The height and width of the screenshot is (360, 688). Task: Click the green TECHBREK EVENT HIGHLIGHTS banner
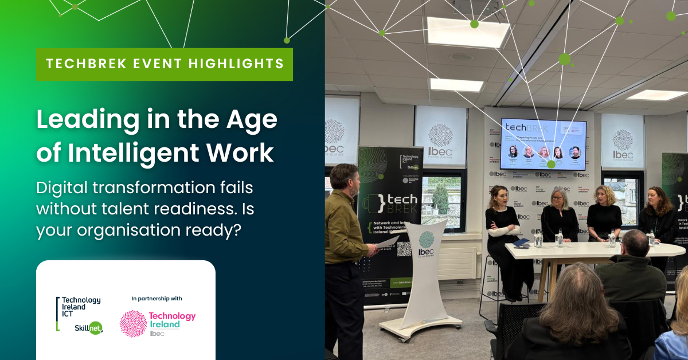tap(165, 64)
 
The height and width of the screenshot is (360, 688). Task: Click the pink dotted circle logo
tap(132, 323)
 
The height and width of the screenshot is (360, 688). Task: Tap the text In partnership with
tap(157, 298)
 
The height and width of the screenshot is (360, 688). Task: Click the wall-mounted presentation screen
tap(543, 144)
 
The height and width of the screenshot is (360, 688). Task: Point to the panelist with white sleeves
tap(501, 224)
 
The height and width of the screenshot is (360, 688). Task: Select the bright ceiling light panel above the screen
tap(468, 33)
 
